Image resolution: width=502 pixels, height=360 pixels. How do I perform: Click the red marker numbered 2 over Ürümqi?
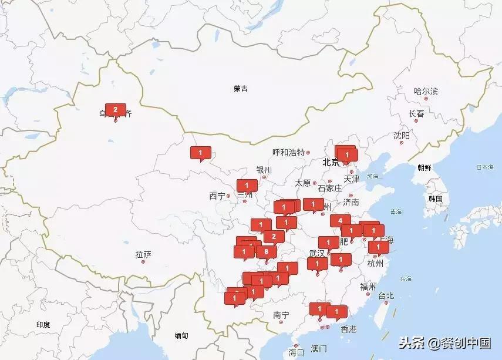(x=115, y=110)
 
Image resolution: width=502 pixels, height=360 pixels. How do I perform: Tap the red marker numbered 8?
(x=267, y=251)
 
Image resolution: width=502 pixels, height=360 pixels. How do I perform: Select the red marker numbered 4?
(x=340, y=221)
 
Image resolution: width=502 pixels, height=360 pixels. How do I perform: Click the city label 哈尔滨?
(x=426, y=92)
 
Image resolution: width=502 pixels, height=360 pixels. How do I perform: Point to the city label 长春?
(x=416, y=113)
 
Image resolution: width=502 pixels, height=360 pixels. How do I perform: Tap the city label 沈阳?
(x=402, y=136)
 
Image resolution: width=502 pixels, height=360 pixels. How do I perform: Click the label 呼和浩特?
(x=288, y=152)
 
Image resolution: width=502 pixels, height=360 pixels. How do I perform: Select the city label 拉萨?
(x=143, y=254)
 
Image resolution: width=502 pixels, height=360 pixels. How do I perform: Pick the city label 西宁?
(x=217, y=196)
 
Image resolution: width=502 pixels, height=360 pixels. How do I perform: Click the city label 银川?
(x=264, y=170)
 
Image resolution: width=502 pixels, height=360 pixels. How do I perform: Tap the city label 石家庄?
(x=329, y=189)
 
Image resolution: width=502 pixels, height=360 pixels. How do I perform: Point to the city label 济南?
(x=351, y=202)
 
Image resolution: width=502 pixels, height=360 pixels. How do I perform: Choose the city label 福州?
(x=368, y=287)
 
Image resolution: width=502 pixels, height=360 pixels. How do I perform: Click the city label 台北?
(x=386, y=295)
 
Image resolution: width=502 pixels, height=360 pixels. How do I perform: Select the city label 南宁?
(x=281, y=315)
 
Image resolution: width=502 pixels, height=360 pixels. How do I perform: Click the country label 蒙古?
(x=240, y=89)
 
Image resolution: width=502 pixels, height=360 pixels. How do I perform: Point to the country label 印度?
(x=43, y=325)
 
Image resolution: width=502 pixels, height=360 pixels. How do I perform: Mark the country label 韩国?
(x=435, y=198)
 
